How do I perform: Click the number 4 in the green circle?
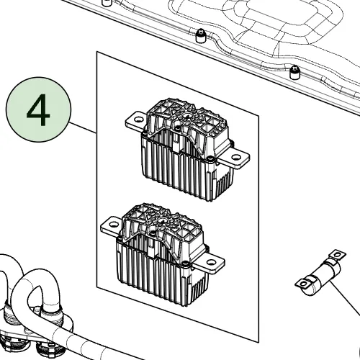click(38, 110)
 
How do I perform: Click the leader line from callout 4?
click(82, 127)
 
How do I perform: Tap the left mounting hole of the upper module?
click(138, 120)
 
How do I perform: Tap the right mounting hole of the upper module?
click(235, 158)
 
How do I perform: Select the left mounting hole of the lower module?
click(113, 225)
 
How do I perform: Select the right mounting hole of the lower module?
click(210, 262)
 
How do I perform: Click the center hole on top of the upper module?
click(186, 117)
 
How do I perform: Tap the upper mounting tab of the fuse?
click(336, 255)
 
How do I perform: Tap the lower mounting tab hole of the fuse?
click(304, 284)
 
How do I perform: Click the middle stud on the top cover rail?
click(201, 36)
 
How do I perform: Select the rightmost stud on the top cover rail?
click(294, 72)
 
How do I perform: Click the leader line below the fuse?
click(346, 297)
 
